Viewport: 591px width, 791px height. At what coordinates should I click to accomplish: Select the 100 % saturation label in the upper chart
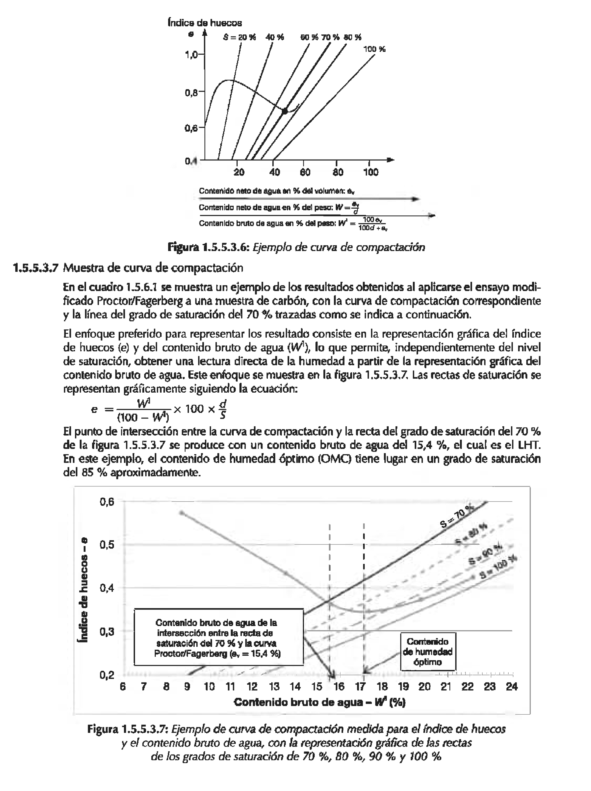pyautogui.click(x=374, y=49)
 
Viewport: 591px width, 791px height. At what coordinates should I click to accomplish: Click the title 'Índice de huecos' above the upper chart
pyautogui.click(x=205, y=23)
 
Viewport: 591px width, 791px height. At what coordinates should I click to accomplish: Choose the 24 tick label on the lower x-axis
pyautogui.click(x=511, y=687)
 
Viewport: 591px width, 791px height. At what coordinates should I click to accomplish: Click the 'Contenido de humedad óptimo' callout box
pyautogui.click(x=428, y=652)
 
